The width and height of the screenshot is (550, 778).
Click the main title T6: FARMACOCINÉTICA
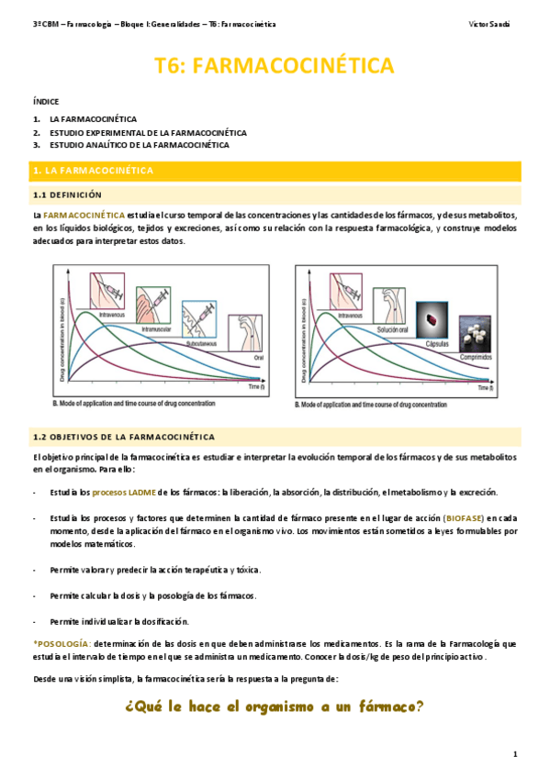pyautogui.click(x=275, y=65)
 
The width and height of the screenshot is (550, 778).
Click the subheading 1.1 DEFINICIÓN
pyautogui.click(x=67, y=195)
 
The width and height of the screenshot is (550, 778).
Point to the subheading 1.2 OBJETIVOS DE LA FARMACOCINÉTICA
pyautogui.click(x=123, y=437)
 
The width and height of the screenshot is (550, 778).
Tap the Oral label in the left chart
pyautogui.click(x=259, y=358)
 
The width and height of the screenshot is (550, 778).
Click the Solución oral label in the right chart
pyautogui.click(x=390, y=329)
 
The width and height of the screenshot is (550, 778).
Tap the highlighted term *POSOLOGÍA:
pyautogui.click(x=62, y=645)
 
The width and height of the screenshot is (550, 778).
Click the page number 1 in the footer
pyautogui.click(x=515, y=754)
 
